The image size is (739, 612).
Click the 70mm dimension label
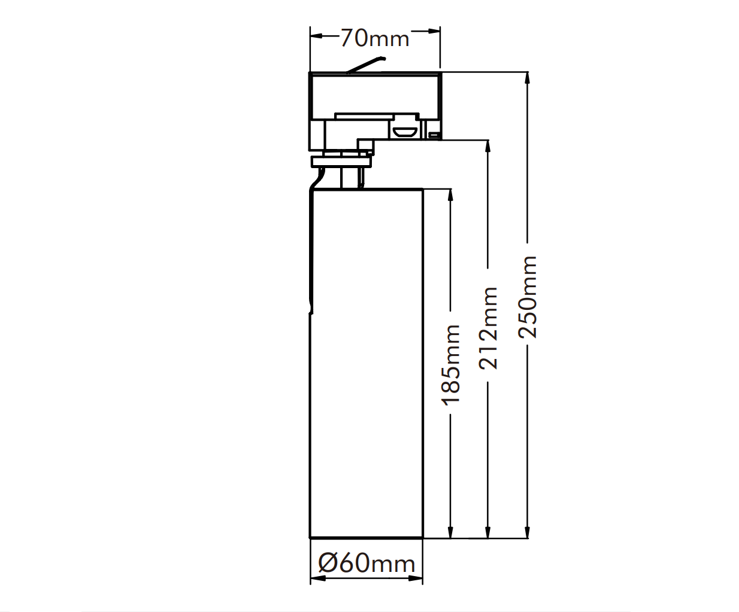(x=375, y=38)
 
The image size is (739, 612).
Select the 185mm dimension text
(x=450, y=364)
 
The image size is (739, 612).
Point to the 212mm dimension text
(x=489, y=328)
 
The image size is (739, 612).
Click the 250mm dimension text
(x=528, y=297)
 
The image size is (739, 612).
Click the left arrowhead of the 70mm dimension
(x=316, y=36)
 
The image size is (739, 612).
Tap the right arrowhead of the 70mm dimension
(x=434, y=31)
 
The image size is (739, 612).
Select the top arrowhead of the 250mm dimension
(x=528, y=78)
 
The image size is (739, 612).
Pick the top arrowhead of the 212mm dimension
(x=488, y=147)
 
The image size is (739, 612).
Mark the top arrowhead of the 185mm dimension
(x=450, y=196)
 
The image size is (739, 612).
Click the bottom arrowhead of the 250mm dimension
(x=528, y=532)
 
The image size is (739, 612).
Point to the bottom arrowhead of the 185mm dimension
(x=450, y=532)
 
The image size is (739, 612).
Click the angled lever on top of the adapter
(x=366, y=65)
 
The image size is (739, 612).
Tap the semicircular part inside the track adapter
(x=405, y=133)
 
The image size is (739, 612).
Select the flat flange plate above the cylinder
(x=341, y=162)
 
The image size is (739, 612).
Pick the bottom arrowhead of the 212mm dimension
(x=488, y=532)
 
